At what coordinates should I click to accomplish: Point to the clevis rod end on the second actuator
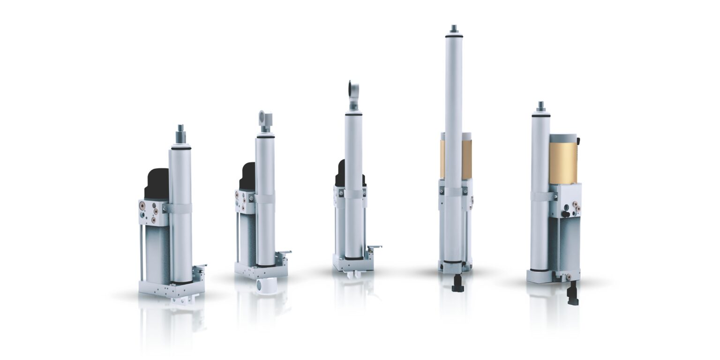265,120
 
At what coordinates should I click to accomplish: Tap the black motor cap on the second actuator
248,177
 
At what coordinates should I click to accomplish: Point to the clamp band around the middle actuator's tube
354,194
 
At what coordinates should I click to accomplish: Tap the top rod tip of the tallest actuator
453,29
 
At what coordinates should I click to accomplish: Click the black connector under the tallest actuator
457,284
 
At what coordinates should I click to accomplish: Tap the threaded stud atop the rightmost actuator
540,106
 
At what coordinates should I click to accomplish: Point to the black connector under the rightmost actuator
572,294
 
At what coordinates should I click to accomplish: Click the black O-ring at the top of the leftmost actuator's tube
180,148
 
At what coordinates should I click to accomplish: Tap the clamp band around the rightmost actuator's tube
541,196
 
